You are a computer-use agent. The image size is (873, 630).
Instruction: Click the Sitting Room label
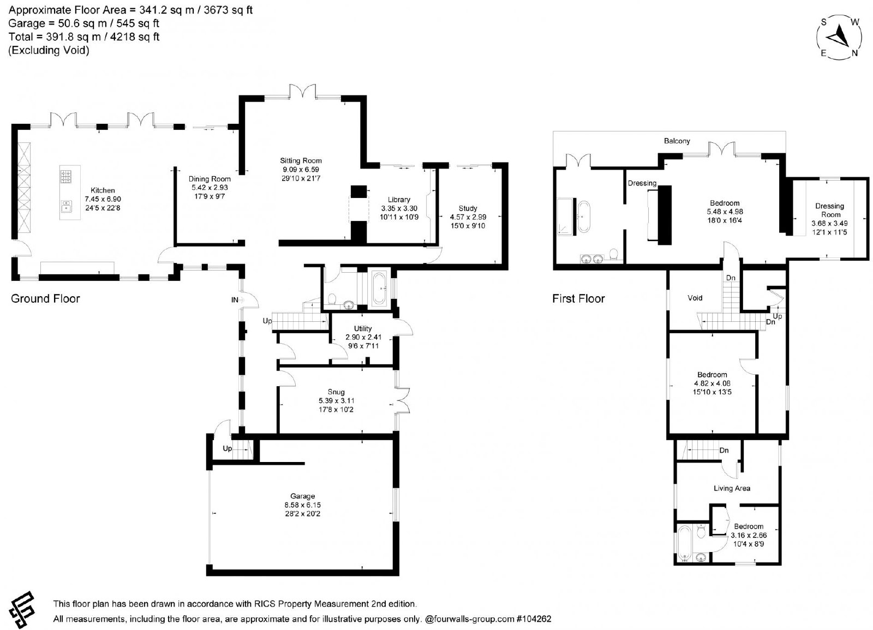click(x=301, y=160)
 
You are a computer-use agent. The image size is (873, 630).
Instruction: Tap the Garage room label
click(x=302, y=496)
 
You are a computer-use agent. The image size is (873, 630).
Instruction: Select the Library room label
click(x=399, y=200)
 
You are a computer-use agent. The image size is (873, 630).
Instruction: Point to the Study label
click(x=468, y=208)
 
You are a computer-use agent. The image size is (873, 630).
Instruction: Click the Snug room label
click(x=336, y=392)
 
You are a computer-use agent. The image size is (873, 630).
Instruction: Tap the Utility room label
click(x=363, y=328)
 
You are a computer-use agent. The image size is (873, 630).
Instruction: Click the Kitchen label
click(x=103, y=190)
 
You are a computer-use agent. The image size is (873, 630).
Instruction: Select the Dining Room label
click(x=210, y=179)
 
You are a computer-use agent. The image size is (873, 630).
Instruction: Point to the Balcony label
click(x=677, y=141)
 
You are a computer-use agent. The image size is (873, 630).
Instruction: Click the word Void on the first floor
click(x=695, y=298)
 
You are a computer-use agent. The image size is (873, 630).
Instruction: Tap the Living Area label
click(x=732, y=488)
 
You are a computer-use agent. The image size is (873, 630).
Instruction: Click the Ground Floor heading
click(x=45, y=298)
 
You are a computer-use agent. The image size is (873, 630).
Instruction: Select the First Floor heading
click(x=578, y=298)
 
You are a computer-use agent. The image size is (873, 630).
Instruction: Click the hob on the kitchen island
click(x=65, y=177)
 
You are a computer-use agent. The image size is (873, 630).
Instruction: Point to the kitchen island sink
click(x=66, y=206)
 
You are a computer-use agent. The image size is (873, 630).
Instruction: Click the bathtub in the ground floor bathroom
click(x=379, y=289)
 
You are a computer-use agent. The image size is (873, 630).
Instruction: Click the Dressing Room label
click(x=830, y=211)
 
